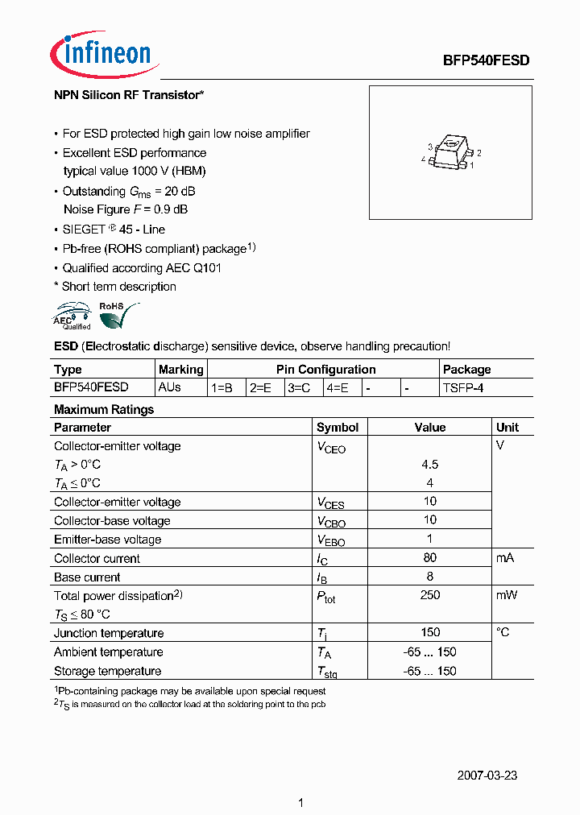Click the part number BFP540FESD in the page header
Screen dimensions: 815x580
pyautogui.click(x=487, y=60)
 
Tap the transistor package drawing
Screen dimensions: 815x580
pyautogui.click(x=450, y=154)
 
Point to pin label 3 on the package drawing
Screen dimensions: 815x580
pyautogui.click(x=431, y=147)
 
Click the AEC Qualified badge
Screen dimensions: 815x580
pyautogui.click(x=73, y=316)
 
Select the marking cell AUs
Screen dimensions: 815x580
pyautogui.click(x=170, y=387)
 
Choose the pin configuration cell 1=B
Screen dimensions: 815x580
pyautogui.click(x=222, y=387)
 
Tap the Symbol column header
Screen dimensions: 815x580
pyautogui.click(x=338, y=428)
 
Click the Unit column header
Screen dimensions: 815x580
pyautogui.click(x=507, y=428)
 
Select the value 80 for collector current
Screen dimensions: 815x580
pyautogui.click(x=429, y=558)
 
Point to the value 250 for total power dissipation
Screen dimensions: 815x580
pyautogui.click(x=429, y=595)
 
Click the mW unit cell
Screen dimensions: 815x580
pyautogui.click(x=507, y=595)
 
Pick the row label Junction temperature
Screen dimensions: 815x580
pyautogui.click(x=109, y=633)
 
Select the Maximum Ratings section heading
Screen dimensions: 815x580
pyautogui.click(x=103, y=409)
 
